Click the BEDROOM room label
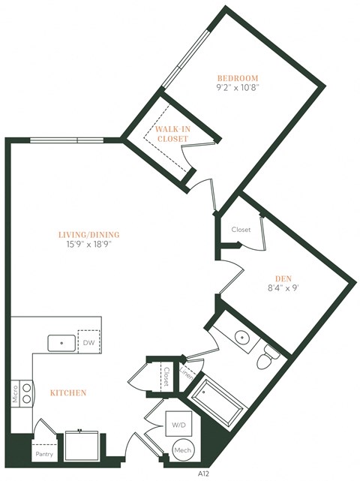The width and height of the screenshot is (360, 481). pos(238,78)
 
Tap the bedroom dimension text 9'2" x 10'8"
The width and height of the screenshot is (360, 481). pos(238,89)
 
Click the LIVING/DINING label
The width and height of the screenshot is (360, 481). pos(89,234)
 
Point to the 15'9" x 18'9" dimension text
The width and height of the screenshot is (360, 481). pos(89,245)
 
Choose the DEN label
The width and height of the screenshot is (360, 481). pos(282,278)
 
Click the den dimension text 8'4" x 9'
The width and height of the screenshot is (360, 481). pos(282,289)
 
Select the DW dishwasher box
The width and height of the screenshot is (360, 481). pos(90,342)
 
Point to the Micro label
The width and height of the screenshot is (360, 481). pos(15,394)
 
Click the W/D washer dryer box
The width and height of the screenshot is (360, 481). pos(180,425)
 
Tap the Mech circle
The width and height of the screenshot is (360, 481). pos(182,450)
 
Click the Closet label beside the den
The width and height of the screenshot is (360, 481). pos(241,230)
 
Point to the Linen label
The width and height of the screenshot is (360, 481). pos(185,374)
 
